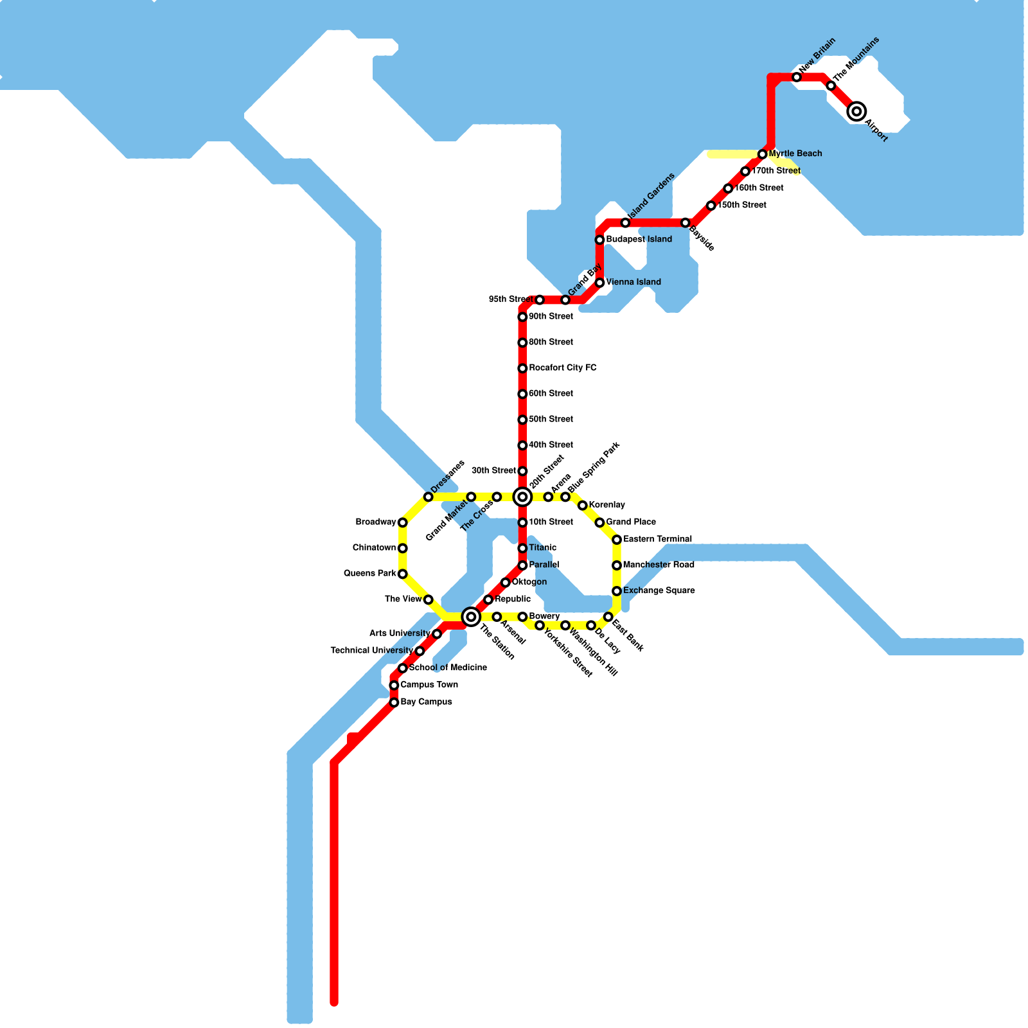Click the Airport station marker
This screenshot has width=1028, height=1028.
[x=856, y=112]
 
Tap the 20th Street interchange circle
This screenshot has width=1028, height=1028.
[x=522, y=497]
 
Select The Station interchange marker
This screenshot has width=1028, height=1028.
[x=471, y=617]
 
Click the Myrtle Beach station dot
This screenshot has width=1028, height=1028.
[x=762, y=154]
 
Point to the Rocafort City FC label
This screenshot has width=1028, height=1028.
[x=562, y=368]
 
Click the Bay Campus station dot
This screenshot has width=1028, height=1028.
[x=394, y=703]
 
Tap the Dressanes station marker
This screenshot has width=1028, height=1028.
[x=428, y=497]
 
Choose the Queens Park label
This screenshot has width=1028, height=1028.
[x=369, y=574]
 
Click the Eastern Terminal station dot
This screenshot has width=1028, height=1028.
[x=617, y=540]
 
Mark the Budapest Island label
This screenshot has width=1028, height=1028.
[x=639, y=240]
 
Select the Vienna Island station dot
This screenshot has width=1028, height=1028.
[x=599, y=283]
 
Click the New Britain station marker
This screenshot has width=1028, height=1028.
[x=797, y=77]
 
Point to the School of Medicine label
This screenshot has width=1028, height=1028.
[x=448, y=668]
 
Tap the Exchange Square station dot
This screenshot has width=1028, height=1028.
[x=617, y=591]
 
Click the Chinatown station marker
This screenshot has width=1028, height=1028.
[x=402, y=548]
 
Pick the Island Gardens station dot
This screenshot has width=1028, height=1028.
[x=625, y=223]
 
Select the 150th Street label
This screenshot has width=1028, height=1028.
[x=741, y=206]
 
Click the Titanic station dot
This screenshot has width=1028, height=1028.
[x=522, y=548]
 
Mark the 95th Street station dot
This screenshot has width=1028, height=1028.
[x=540, y=300]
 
